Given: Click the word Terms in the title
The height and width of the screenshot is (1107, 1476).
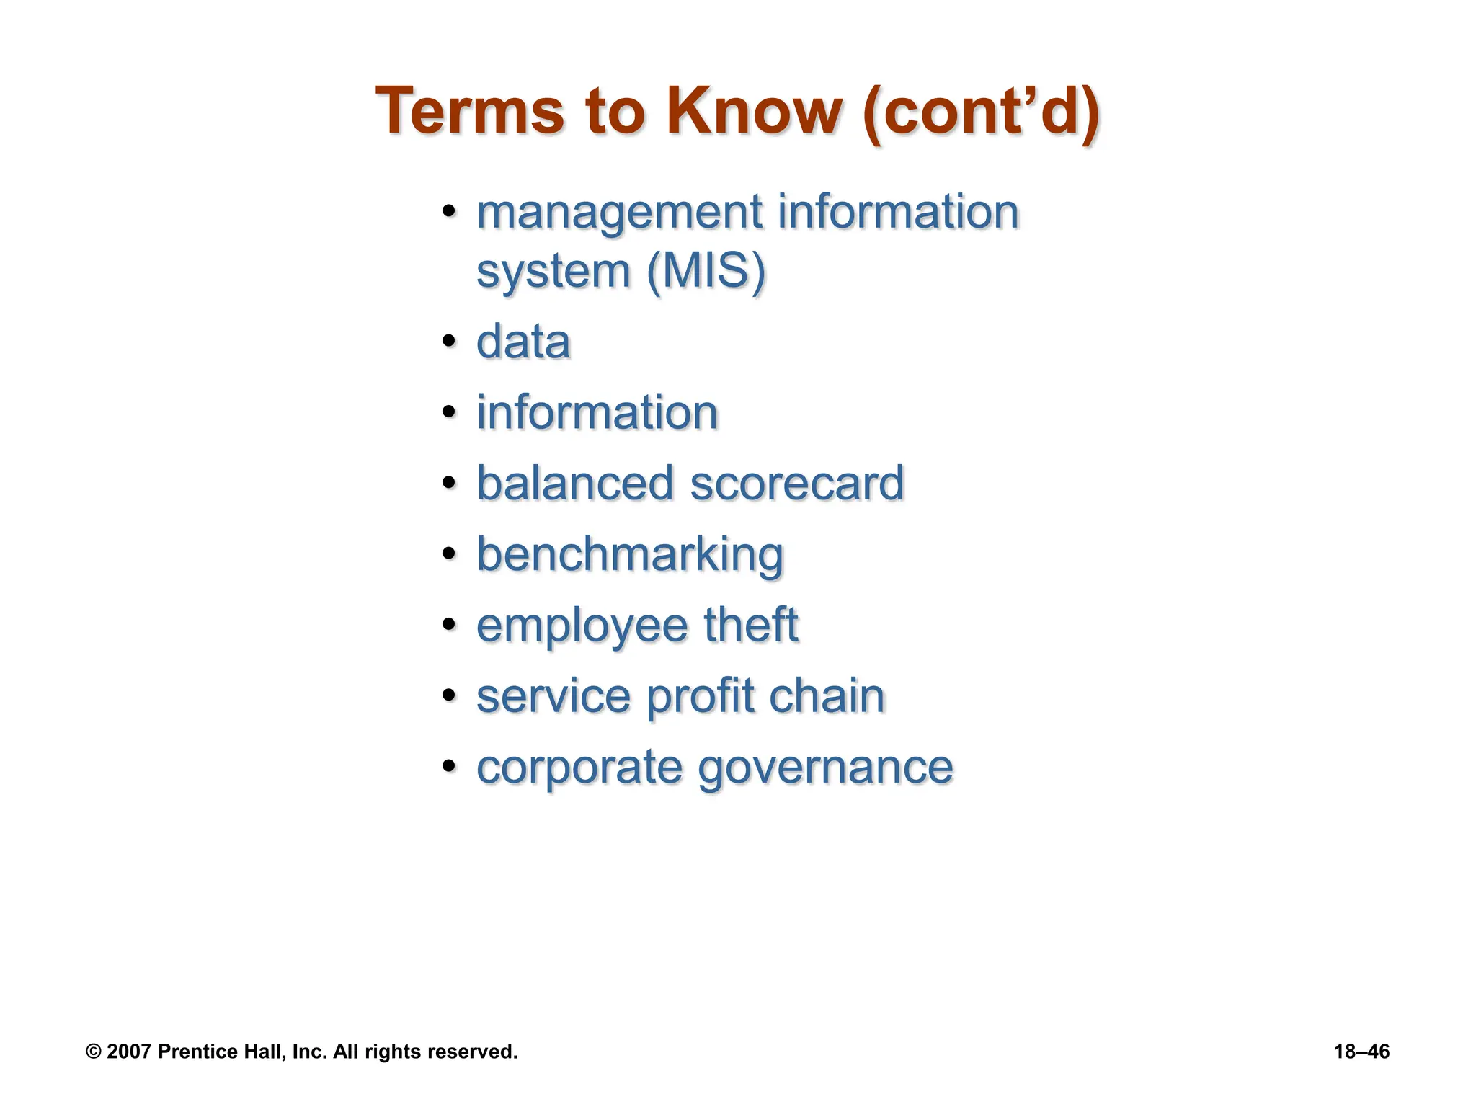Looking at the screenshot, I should [x=469, y=112].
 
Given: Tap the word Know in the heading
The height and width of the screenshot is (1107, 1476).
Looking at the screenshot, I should [x=754, y=112].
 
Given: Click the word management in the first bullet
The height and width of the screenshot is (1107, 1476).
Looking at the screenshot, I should [x=620, y=213].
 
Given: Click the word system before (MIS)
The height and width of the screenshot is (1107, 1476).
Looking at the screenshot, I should [x=553, y=272].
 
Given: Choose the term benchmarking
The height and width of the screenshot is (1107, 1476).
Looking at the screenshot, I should [x=630, y=555].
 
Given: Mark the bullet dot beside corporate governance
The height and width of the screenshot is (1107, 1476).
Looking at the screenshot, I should [x=450, y=765].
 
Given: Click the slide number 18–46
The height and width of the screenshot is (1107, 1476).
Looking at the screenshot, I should [x=1361, y=1052].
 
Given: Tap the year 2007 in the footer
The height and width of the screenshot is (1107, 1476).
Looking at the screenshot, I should [x=128, y=1052].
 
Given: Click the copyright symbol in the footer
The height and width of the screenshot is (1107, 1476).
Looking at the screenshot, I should [x=93, y=1052].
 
